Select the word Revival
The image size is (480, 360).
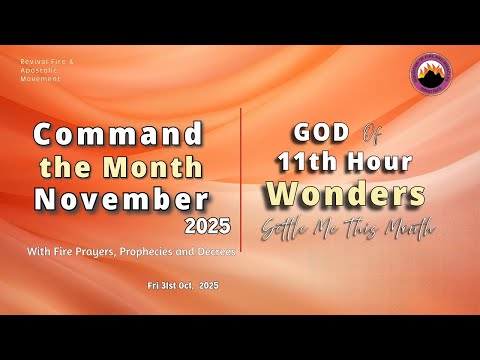pyautogui.click(x=34, y=61)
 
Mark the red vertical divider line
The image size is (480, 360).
pyautogui.click(x=241, y=180)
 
